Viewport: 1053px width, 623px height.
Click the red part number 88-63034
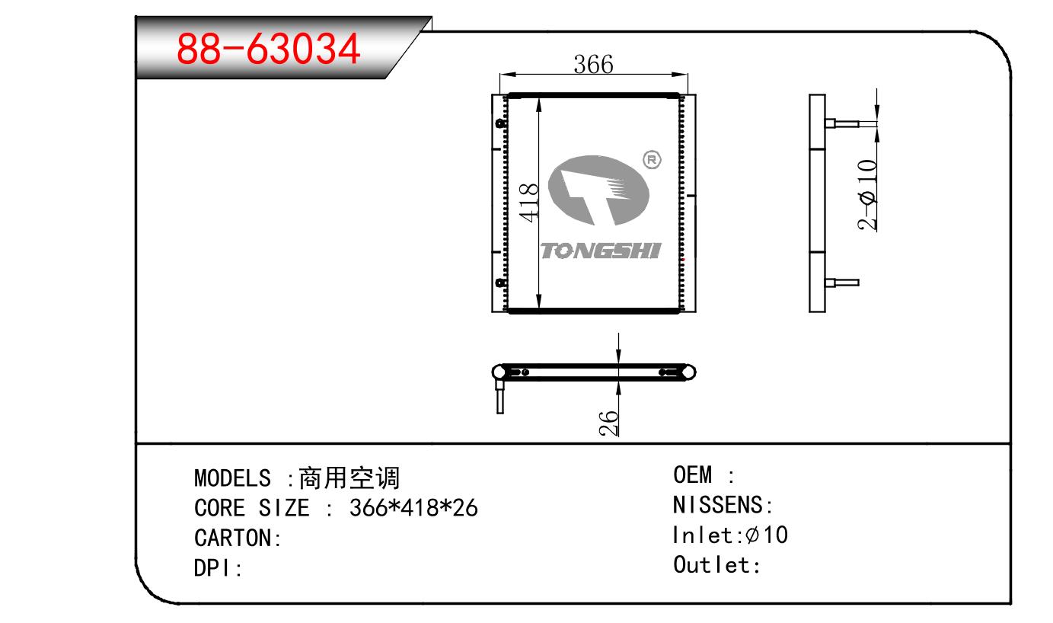269,49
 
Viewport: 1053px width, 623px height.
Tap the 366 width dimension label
593,65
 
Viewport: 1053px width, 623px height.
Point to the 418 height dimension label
528,203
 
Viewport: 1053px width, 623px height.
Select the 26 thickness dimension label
609,423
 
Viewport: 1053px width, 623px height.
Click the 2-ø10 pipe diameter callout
867,195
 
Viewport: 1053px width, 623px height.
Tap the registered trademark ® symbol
652,160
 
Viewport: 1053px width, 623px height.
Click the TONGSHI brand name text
601,251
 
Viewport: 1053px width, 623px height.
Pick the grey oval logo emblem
598,190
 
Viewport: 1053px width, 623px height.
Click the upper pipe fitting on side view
842,123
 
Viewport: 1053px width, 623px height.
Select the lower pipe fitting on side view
842,283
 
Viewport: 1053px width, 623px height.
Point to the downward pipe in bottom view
499,397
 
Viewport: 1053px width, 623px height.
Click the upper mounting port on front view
500,123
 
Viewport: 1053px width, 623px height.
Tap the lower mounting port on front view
500,283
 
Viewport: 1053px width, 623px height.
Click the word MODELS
232,478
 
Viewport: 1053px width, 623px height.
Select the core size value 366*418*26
413,508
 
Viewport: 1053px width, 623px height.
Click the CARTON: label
238,538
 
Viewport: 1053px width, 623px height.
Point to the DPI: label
218,568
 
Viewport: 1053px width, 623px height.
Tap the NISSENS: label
723,505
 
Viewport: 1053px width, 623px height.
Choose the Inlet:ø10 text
730,535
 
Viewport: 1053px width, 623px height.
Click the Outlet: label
716,564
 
